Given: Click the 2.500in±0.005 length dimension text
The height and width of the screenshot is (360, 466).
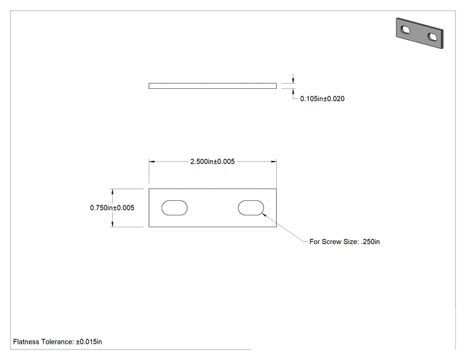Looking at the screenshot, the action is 212,162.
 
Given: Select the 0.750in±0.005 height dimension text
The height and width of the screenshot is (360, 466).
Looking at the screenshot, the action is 112,208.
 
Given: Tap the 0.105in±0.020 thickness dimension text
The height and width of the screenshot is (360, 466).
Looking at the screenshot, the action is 322,99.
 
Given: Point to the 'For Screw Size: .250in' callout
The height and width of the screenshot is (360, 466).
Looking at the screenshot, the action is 344,242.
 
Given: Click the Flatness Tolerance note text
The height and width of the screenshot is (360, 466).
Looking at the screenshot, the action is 58,342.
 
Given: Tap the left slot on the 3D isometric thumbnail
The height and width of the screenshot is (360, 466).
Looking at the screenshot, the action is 405,29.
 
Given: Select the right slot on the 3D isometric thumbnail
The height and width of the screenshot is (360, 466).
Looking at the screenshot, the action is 432,37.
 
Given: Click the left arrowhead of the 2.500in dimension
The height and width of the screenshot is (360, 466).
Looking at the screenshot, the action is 152,162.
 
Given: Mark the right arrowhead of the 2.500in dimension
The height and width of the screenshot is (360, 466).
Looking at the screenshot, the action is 274,162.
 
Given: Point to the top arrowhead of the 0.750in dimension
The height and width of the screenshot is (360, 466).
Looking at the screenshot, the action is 112,192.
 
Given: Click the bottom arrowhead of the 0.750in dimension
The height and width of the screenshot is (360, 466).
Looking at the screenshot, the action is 112,224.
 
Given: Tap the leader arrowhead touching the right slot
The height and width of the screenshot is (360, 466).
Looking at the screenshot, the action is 264,215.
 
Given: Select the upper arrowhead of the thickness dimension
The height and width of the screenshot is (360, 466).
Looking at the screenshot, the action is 293,80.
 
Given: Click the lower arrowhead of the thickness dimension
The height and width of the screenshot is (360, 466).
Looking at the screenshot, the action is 293,91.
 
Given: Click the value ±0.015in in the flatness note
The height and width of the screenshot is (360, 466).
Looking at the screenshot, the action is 89,342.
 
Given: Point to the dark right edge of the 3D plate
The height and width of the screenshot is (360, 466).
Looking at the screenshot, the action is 442,39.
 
